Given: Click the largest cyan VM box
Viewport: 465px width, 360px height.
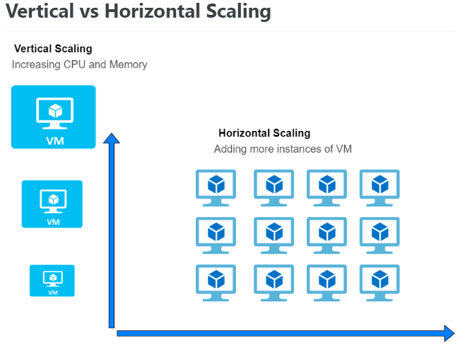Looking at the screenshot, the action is tap(54, 117).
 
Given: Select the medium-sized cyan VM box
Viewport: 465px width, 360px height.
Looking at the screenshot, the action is tap(52, 204).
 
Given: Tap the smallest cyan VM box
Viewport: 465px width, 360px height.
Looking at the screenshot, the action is tap(52, 281).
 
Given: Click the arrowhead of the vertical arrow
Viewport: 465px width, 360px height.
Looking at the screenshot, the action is tap(112, 139).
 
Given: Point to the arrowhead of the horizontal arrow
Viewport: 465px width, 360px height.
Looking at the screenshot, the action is tap(449, 333).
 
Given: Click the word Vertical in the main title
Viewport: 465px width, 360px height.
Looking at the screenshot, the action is tap(40, 11).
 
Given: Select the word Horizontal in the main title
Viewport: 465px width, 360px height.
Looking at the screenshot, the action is tap(152, 11).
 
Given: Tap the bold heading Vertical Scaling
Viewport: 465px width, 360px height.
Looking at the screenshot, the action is tap(53, 49).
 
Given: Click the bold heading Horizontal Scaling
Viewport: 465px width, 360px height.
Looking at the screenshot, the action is tap(264, 133).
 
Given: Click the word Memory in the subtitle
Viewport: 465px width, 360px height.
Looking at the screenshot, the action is tap(128, 64).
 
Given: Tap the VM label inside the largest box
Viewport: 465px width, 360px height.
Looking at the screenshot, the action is tap(55, 141).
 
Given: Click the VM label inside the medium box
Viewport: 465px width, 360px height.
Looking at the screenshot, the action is tap(53, 222).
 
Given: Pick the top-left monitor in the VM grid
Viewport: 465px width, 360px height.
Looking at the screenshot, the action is tap(216, 188).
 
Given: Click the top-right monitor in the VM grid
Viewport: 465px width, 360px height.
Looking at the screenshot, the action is tap(379, 188).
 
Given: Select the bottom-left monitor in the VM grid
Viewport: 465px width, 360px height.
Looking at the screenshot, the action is tap(216, 283).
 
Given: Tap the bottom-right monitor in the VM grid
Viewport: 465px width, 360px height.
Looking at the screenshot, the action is tap(379, 283).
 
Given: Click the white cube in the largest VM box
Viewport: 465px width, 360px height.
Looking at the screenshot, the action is tap(55, 111).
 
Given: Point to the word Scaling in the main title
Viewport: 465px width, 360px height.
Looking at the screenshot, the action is tap(238, 12).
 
